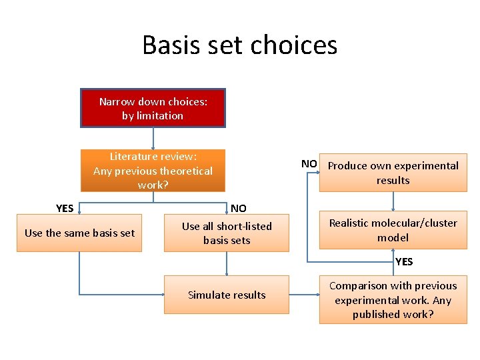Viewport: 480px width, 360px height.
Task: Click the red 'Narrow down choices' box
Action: (153, 108)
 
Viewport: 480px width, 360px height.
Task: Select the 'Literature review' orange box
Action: (153, 170)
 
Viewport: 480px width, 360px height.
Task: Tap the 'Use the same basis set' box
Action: (79, 233)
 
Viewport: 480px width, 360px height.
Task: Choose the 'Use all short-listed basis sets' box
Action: (227, 233)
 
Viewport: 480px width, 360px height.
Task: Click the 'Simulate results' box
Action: (227, 295)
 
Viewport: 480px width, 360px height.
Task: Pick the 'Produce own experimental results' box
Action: (393, 173)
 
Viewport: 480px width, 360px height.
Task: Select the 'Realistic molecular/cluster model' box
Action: (393, 230)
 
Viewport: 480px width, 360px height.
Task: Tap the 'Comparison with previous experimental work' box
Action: (393, 299)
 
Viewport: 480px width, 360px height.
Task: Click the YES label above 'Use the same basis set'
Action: (65, 208)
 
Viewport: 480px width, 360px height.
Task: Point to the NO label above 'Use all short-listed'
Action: (238, 208)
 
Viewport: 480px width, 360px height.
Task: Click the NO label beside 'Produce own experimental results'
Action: (309, 164)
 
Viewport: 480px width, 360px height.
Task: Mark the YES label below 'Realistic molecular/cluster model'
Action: (404, 261)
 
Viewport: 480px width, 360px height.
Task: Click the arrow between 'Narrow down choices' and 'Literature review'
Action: (153, 138)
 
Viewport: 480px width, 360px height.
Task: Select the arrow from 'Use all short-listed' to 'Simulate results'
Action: (227, 263)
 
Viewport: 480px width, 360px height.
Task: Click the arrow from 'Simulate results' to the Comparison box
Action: (304, 295)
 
